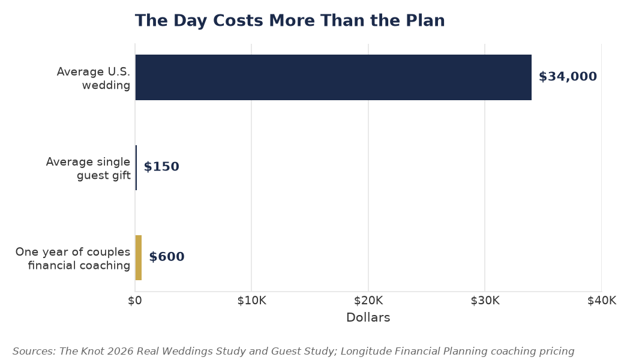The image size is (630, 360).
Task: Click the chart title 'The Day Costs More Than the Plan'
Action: [290, 21]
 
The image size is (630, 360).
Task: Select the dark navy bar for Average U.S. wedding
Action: [334, 77]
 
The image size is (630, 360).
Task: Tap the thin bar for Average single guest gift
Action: [136, 167]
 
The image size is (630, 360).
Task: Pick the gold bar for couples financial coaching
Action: [139, 257]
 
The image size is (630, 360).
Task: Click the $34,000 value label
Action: [568, 77]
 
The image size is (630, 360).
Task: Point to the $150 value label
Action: [161, 167]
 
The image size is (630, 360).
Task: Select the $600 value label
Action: [167, 257]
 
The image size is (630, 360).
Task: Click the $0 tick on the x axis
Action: [135, 301]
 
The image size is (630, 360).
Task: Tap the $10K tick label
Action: [251, 301]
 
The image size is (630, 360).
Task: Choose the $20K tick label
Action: [368, 301]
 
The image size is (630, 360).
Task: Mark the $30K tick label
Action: [485, 301]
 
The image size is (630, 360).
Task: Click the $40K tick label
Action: [601, 301]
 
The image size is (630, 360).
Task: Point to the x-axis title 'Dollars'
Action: [368, 317]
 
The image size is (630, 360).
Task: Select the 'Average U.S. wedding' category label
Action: [94, 79]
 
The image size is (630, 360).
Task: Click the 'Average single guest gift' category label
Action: [88, 169]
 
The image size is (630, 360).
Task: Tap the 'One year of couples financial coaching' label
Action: [73, 259]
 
